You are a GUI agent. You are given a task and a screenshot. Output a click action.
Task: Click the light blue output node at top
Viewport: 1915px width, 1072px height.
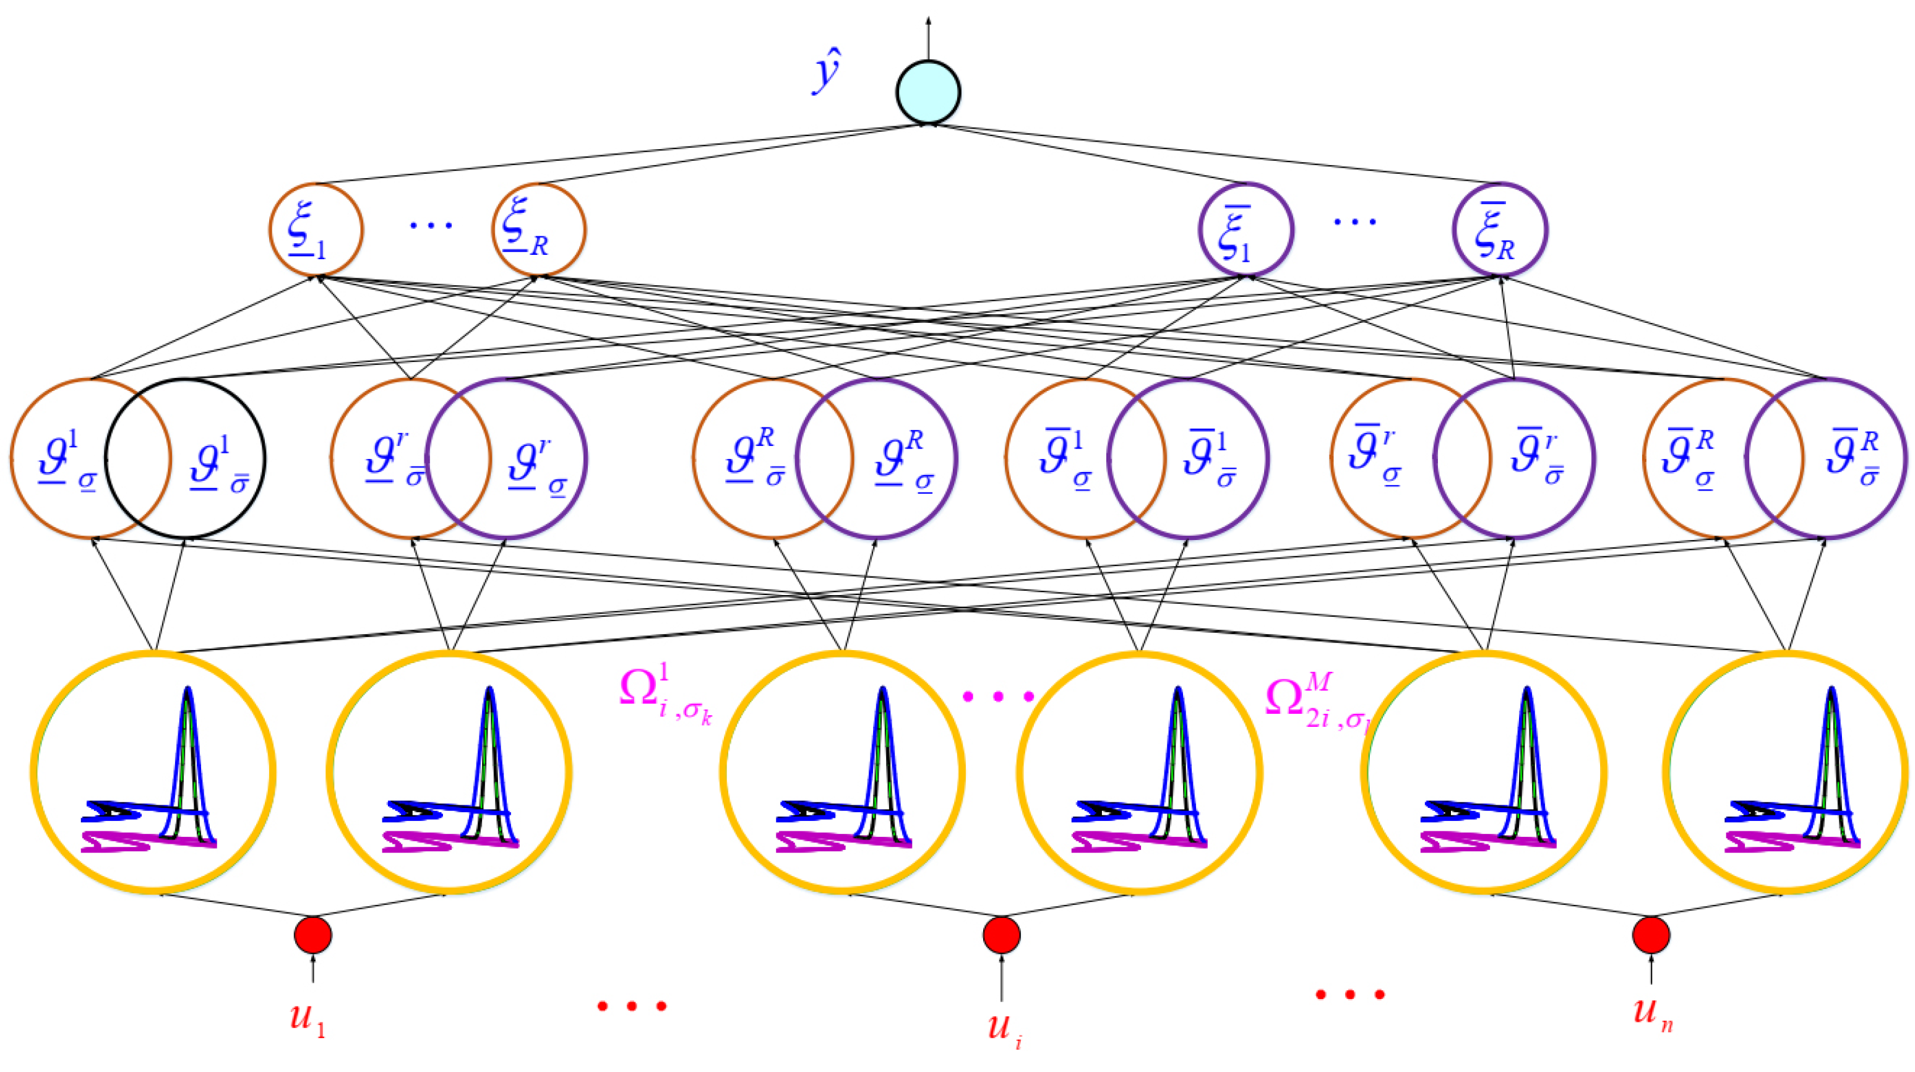pos(927,92)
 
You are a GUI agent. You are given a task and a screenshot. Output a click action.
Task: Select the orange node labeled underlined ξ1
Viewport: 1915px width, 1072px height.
pos(316,229)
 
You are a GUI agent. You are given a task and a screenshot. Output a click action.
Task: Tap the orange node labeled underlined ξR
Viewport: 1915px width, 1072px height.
pos(539,229)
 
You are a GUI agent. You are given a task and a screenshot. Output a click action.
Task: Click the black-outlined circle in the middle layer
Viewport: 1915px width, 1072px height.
pos(186,459)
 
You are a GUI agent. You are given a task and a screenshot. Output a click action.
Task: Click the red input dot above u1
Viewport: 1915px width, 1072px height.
pos(313,935)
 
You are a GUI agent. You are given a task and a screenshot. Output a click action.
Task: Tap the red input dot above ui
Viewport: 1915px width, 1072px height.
pos(1001,935)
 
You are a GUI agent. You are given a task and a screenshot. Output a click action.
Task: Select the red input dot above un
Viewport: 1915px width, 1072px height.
pos(1651,935)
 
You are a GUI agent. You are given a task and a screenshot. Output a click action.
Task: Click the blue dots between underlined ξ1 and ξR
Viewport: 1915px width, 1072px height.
pos(431,224)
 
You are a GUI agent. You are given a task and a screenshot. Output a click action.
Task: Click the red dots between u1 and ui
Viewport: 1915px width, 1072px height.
pos(632,1006)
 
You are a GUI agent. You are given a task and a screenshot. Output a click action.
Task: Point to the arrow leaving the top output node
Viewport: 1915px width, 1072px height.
pos(927,37)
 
